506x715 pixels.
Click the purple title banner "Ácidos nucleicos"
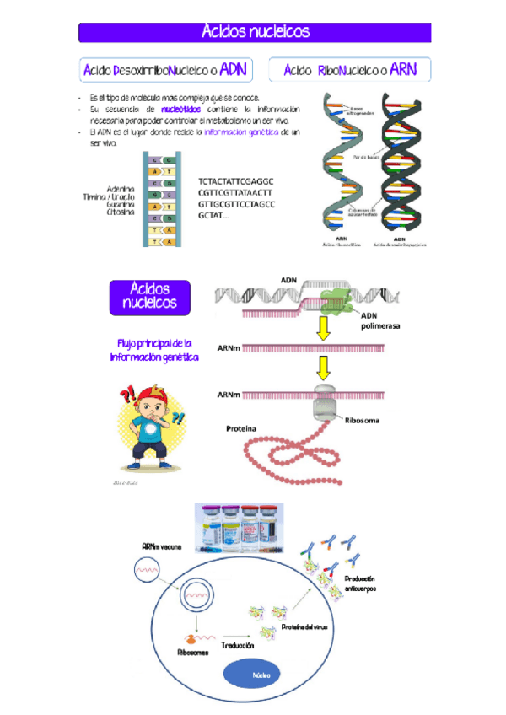[255, 33]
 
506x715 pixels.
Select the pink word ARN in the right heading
[404, 69]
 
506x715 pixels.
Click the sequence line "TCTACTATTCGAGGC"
[236, 182]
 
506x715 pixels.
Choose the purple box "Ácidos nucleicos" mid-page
[151, 296]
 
